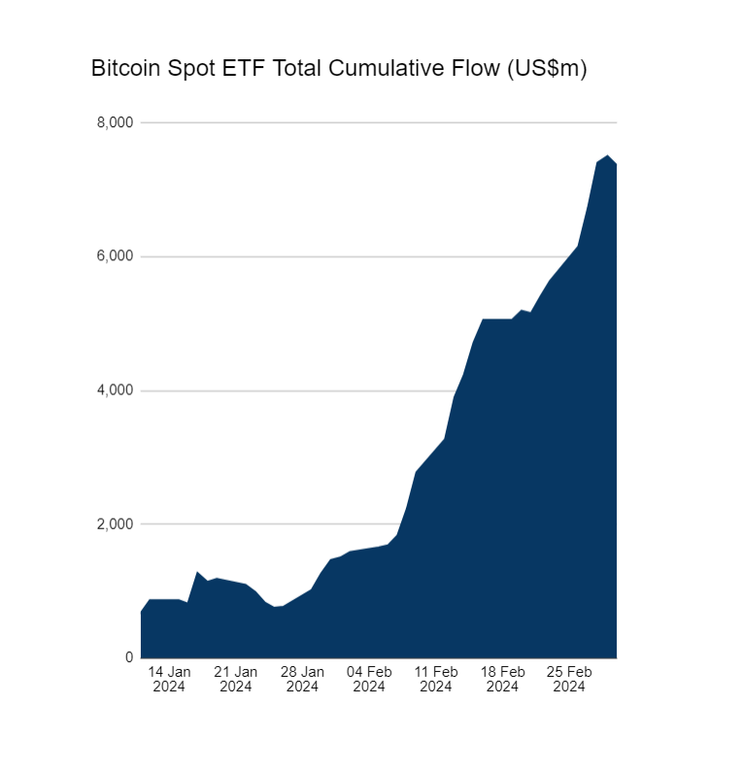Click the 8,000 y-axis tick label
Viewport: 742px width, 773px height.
(x=115, y=122)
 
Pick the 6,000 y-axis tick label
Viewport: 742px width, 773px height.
(x=115, y=256)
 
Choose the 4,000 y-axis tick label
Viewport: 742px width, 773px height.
(x=115, y=390)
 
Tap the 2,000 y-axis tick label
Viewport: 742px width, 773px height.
(x=115, y=524)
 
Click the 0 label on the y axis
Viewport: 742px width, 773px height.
(x=128, y=657)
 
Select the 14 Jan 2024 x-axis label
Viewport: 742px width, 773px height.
(x=169, y=679)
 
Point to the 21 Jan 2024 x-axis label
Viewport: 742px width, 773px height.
(x=235, y=679)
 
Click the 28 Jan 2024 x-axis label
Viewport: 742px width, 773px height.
(x=302, y=679)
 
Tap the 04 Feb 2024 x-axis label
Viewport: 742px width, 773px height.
(x=369, y=679)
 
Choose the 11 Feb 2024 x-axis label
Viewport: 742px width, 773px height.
(x=436, y=679)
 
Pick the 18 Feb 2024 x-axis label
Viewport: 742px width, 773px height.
(x=502, y=679)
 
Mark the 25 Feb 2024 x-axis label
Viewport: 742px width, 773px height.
(x=569, y=679)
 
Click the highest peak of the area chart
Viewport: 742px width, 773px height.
(x=607, y=155)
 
